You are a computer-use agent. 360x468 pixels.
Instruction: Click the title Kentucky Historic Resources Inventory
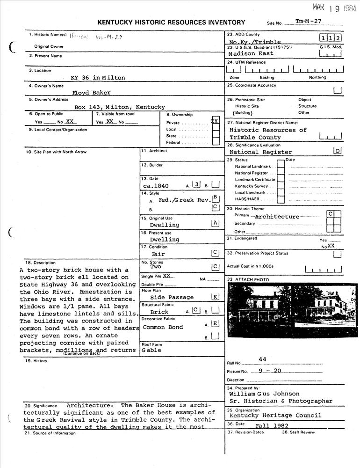[x=171, y=22]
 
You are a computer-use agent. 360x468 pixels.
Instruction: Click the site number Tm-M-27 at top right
[x=309, y=22]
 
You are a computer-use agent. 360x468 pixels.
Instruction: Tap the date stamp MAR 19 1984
[x=334, y=8]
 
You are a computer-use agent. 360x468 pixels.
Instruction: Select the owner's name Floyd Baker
[x=88, y=93]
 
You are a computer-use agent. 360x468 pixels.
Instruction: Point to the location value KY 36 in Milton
[x=98, y=78]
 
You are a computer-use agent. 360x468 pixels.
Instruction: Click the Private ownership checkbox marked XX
[x=215, y=121]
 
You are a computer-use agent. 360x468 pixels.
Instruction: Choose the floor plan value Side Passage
[x=172, y=297]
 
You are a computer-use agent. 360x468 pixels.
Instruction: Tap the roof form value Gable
[x=151, y=350]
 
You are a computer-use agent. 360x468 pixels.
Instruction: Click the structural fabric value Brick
[x=159, y=312]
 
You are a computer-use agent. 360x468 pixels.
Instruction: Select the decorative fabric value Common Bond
[x=163, y=327]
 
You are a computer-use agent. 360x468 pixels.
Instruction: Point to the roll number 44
[x=262, y=359]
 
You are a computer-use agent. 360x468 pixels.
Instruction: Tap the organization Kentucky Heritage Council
[x=275, y=416]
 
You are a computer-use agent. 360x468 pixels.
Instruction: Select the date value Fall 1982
[x=272, y=426]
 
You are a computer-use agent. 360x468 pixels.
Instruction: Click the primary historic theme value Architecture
[x=277, y=217]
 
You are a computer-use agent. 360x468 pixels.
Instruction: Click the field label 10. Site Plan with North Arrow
[x=56, y=152]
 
